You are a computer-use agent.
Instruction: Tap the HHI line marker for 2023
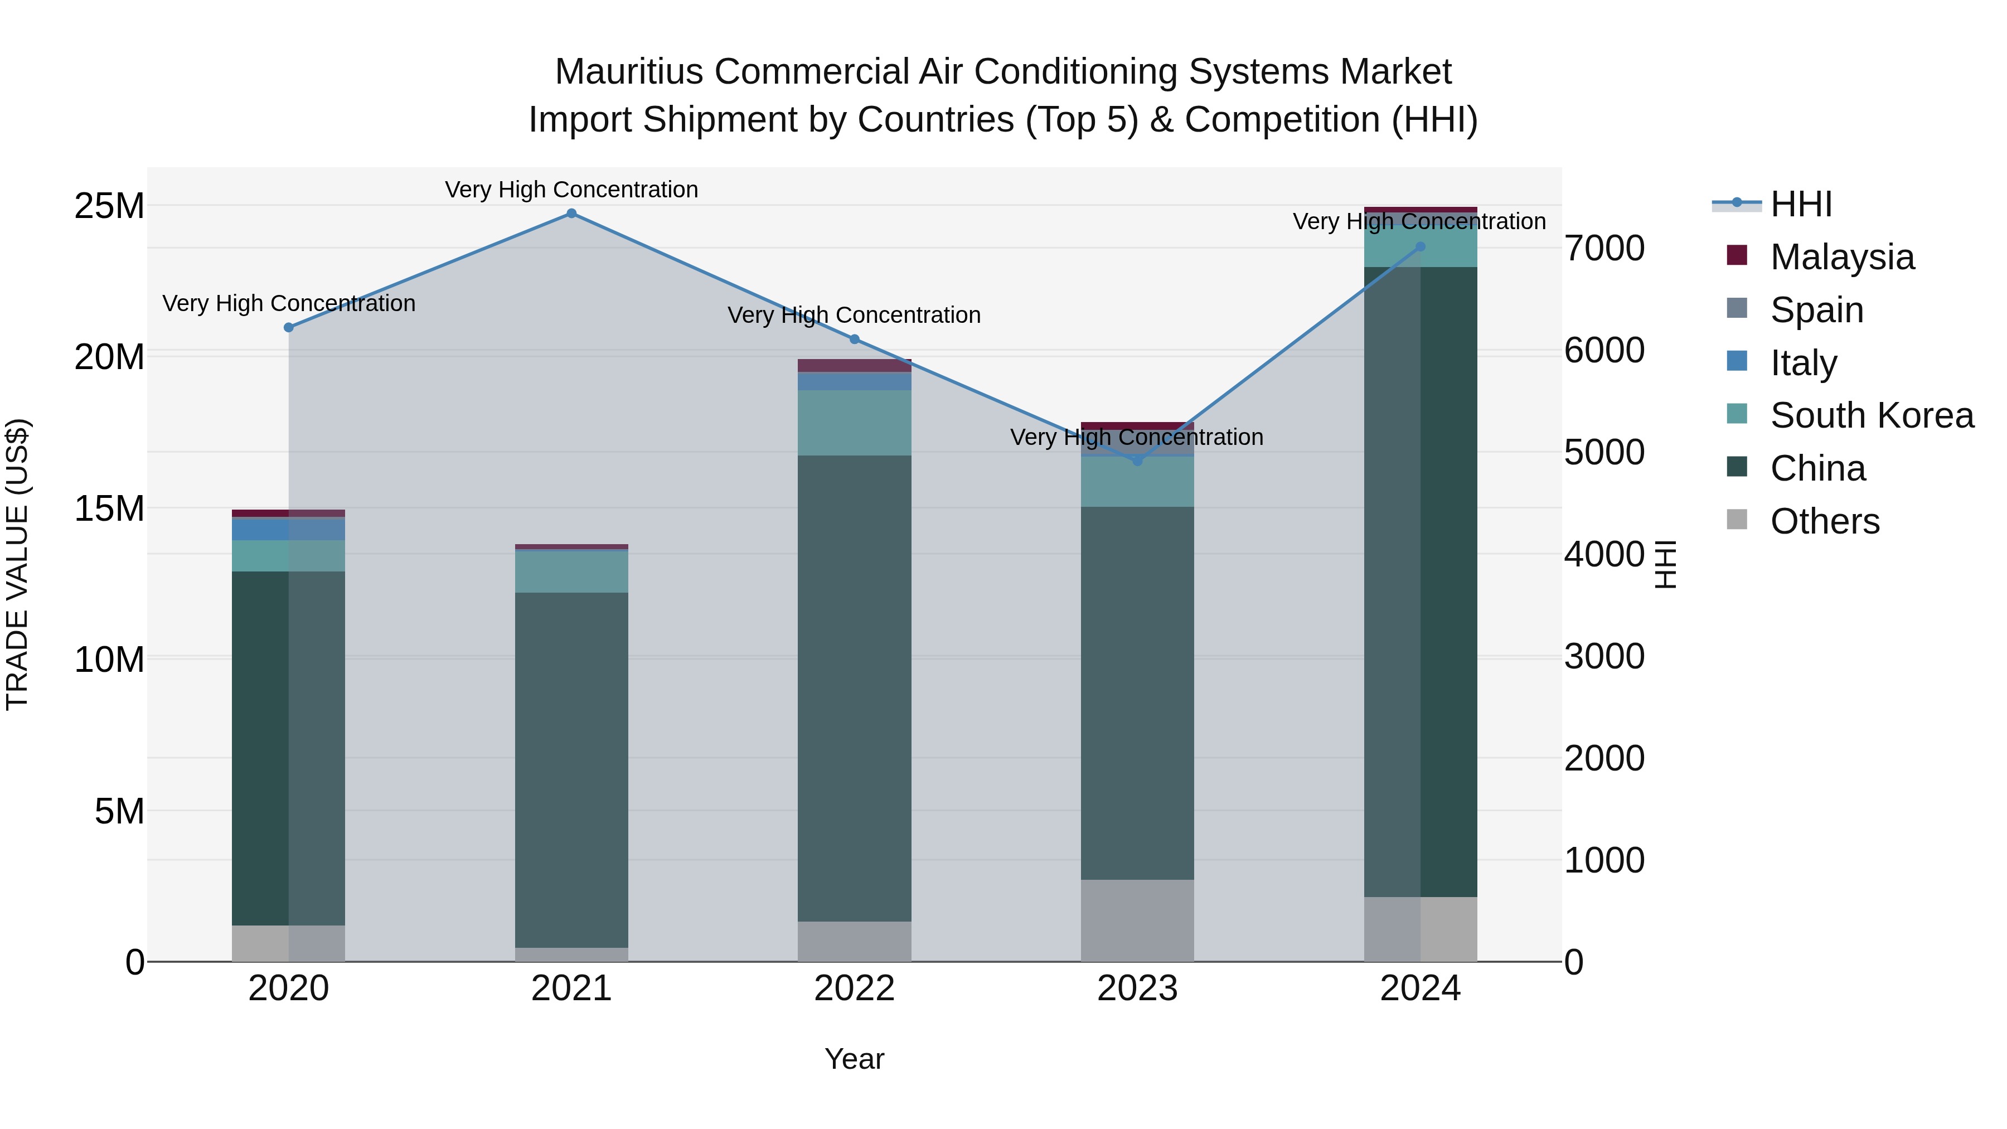1137,461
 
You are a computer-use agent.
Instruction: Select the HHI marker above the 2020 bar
288,327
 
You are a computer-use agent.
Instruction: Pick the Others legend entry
1824,521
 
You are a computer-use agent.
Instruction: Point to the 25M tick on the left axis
109,206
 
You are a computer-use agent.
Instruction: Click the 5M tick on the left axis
119,811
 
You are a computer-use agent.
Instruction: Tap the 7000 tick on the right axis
1604,249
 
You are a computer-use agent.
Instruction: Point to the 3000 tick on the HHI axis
1604,656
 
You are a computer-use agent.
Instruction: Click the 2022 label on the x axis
854,989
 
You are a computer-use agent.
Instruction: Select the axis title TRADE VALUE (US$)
17,564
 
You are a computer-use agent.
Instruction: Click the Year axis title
854,1059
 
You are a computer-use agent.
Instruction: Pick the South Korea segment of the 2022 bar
854,422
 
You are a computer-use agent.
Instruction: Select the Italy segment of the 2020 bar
288,529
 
